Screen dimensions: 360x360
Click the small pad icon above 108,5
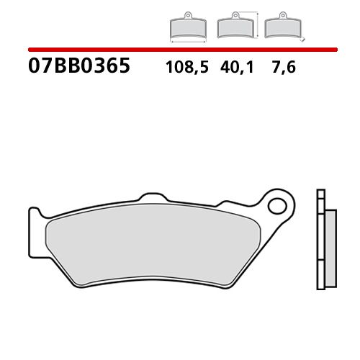point(186,28)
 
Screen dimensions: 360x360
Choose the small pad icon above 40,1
point(233,28)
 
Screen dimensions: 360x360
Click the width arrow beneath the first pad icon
point(186,40)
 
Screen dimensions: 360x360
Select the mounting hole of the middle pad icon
point(233,17)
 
